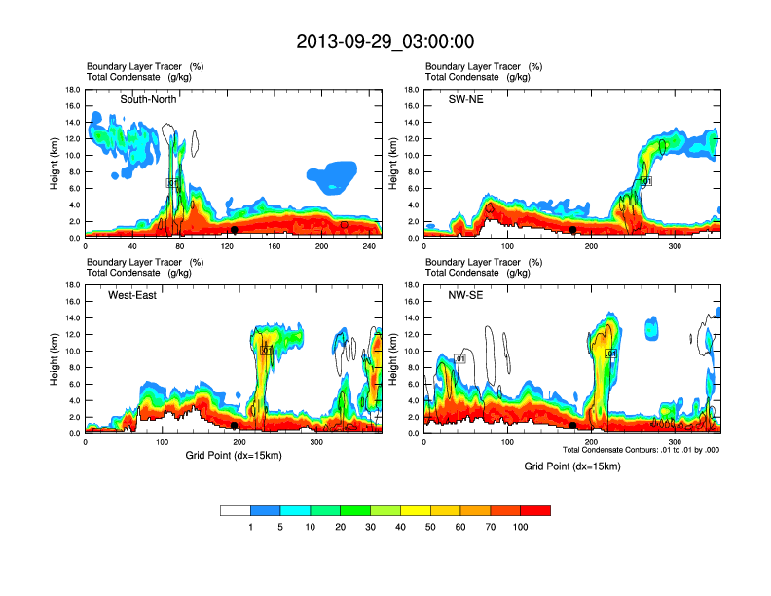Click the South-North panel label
pyautogui.click(x=146, y=99)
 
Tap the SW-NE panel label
pyautogui.click(x=463, y=99)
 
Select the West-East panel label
pyautogui.click(x=132, y=294)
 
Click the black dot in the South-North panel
pyautogui.click(x=235, y=230)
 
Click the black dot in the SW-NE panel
pyautogui.click(x=573, y=230)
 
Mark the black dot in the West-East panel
pyautogui.click(x=235, y=426)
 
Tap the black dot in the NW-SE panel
pyautogui.click(x=573, y=426)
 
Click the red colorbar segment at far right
pyautogui.click(x=535, y=510)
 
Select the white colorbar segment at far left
pyautogui.click(x=236, y=510)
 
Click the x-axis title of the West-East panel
pyautogui.click(x=233, y=455)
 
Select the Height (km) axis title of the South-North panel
pyautogui.click(x=55, y=164)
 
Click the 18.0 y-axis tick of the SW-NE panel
pyautogui.click(x=413, y=90)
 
